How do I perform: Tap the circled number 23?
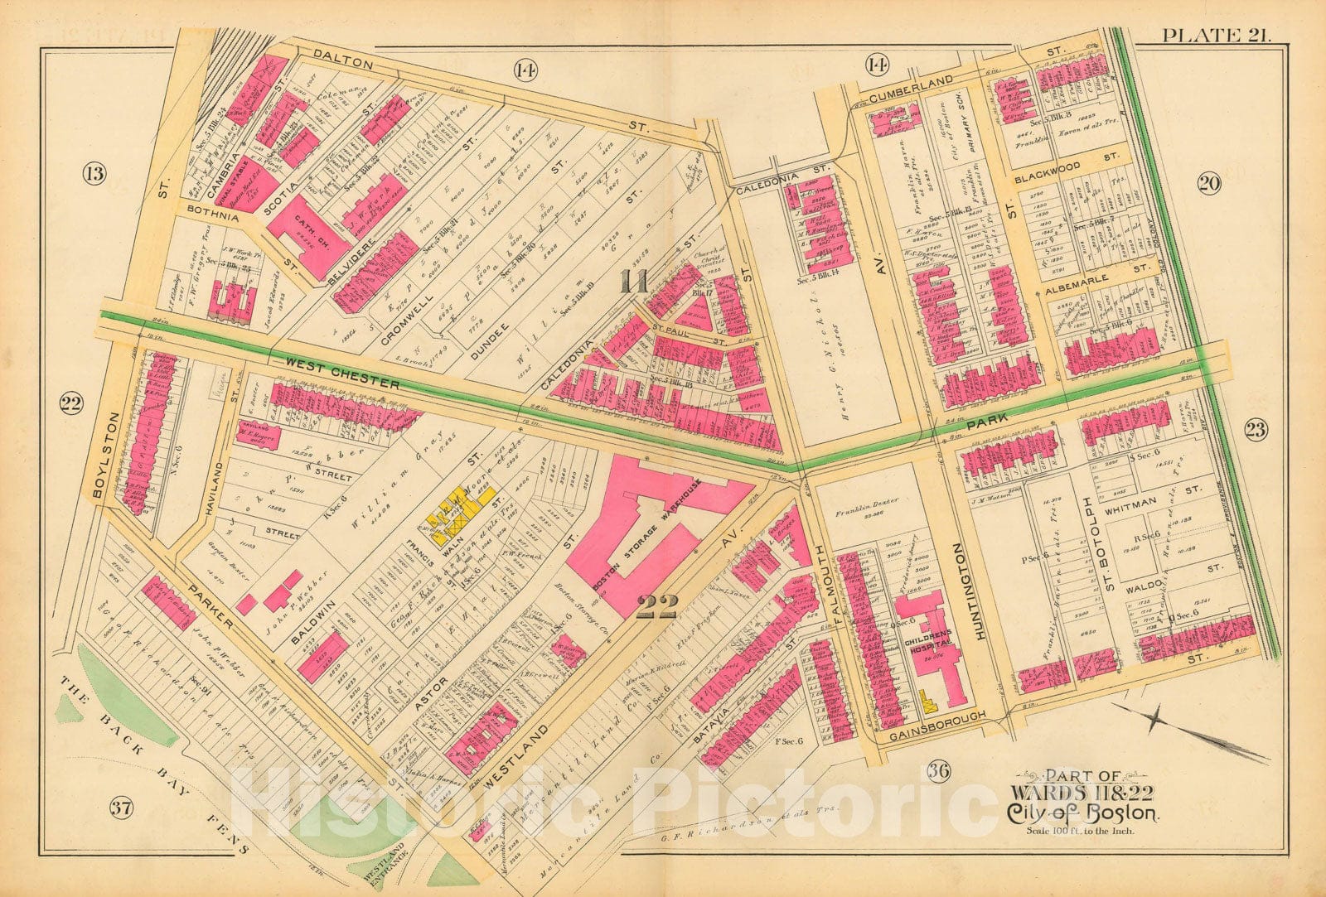[x=1256, y=428]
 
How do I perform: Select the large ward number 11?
[x=635, y=282]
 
